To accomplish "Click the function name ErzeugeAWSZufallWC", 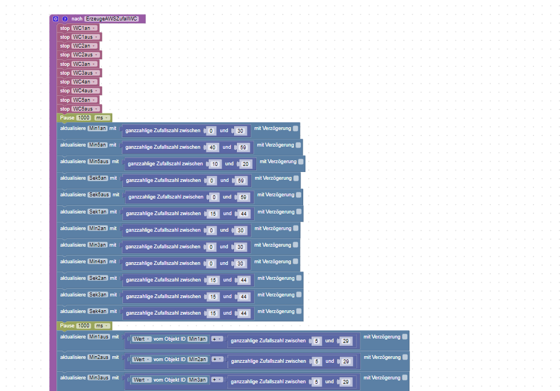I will pyautogui.click(x=112, y=19).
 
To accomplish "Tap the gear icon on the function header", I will pyautogui.click(x=55, y=19).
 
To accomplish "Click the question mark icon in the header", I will pyautogui.click(x=65, y=19).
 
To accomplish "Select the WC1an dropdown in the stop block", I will pyautogui.click(x=85, y=28).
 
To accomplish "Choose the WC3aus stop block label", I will pyautogui.click(x=86, y=73).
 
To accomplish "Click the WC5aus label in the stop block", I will pyautogui.click(x=86, y=109).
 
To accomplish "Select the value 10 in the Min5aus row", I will pyautogui.click(x=215, y=164).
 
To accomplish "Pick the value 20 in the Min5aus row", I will pyautogui.click(x=246, y=164).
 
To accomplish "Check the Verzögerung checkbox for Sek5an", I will pyautogui.click(x=296, y=178).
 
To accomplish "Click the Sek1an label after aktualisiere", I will pyautogui.click(x=97, y=211).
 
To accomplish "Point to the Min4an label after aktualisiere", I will pyautogui.click(x=97, y=261).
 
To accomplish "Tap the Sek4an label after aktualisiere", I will pyautogui.click(x=97, y=311).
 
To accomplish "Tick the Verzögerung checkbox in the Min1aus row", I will pyautogui.click(x=405, y=336).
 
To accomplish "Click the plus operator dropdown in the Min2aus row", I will pyautogui.click(x=217, y=359).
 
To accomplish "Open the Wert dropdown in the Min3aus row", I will pyautogui.click(x=141, y=380).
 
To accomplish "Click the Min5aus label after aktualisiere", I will pyautogui.click(x=99, y=161).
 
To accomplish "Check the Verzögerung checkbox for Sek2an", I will pyautogui.click(x=299, y=278).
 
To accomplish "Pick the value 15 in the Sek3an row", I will pyautogui.click(x=213, y=296).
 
